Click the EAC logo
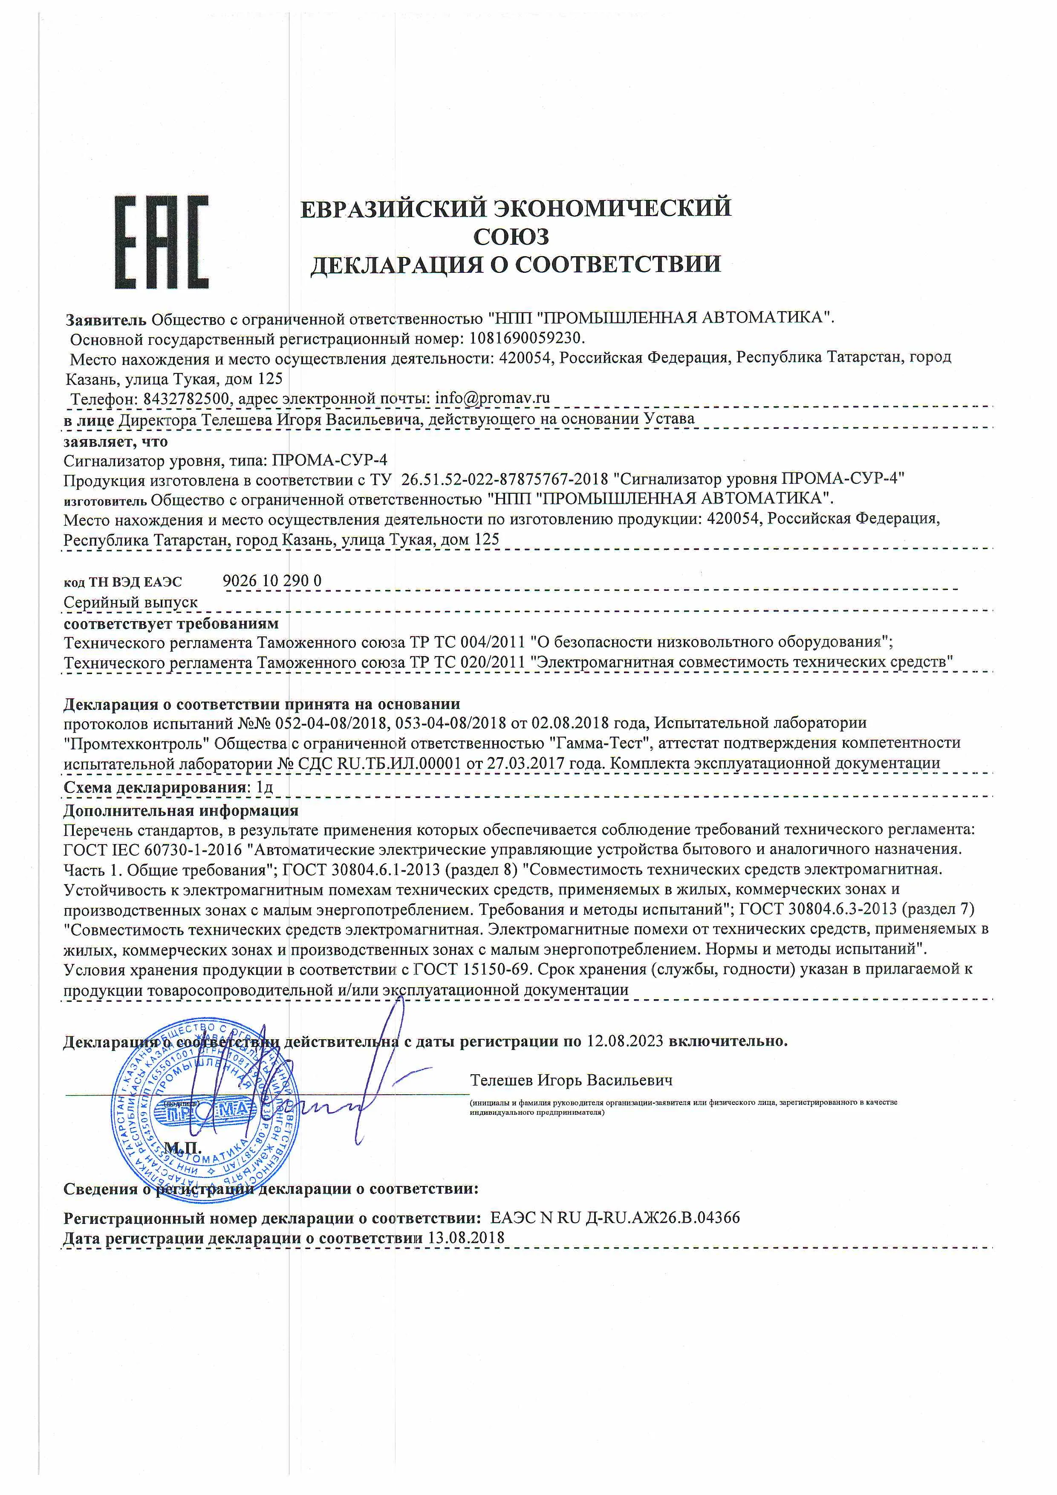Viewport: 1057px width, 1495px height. pyautogui.click(x=162, y=242)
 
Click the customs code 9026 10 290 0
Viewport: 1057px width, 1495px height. pyautogui.click(x=272, y=580)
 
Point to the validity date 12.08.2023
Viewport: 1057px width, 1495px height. pyautogui.click(x=624, y=1041)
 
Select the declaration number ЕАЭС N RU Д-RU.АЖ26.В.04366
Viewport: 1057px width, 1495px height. pyautogui.click(x=615, y=1217)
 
